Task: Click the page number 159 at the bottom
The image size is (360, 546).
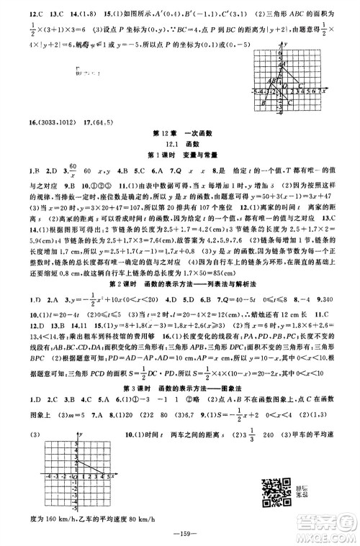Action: pos(180,533)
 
